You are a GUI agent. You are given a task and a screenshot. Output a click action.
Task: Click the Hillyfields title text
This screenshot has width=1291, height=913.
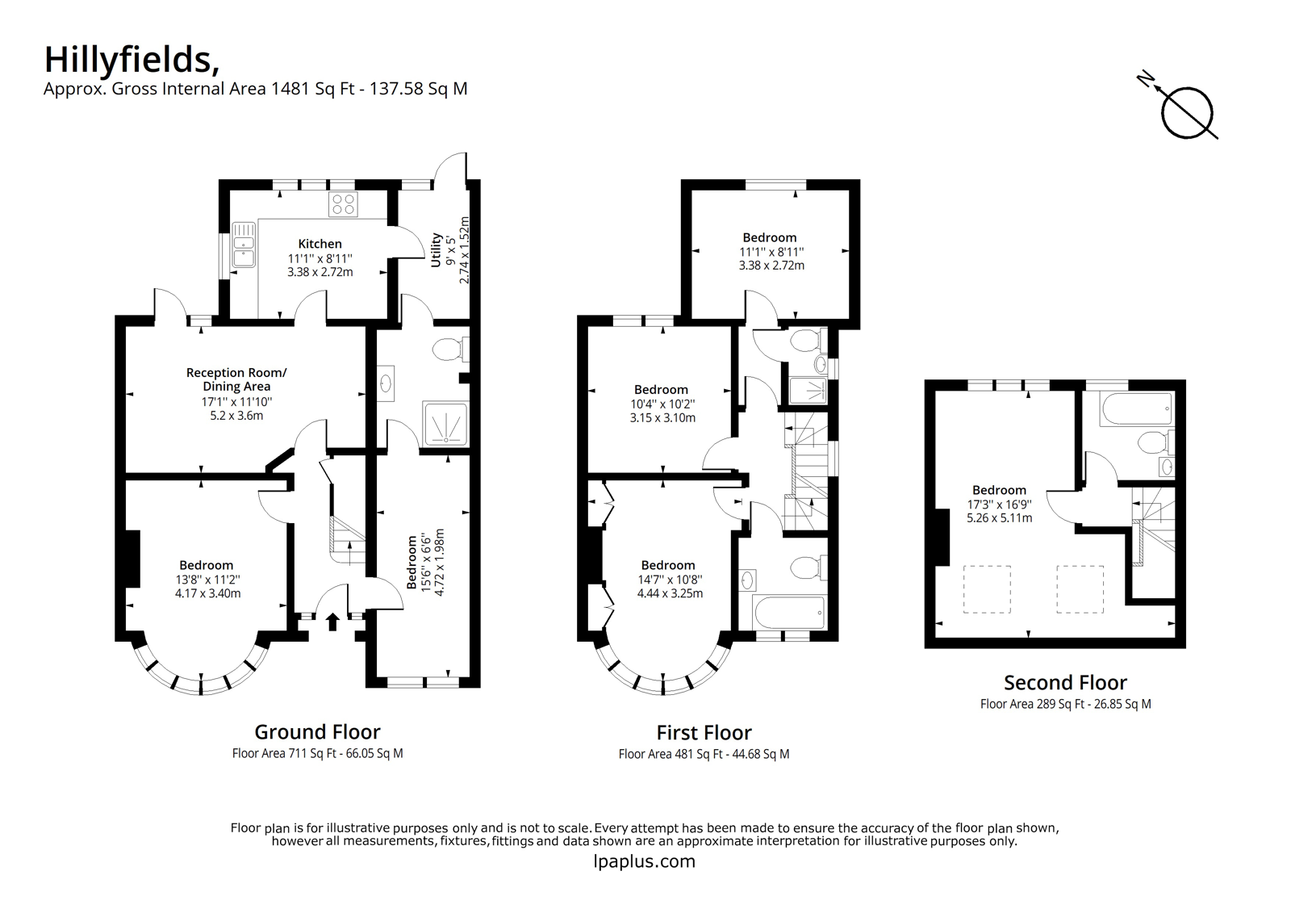[132, 61]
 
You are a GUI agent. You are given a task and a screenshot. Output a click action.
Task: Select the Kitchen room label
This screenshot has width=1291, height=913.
[320, 244]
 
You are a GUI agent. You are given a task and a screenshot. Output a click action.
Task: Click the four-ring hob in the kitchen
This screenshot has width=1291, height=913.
[344, 204]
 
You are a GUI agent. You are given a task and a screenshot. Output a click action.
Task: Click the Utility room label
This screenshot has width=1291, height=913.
[436, 249]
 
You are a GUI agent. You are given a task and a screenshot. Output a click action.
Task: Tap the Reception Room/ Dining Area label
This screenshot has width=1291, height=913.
[236, 379]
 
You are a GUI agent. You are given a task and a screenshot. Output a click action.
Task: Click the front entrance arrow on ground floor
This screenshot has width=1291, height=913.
[332, 622]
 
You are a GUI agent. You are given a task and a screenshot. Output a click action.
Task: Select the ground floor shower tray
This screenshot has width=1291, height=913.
[445, 424]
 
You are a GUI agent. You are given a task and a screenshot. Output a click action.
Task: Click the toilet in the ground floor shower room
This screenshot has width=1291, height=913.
[450, 350]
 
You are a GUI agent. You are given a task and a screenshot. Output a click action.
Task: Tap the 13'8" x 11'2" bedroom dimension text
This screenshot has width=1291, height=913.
[208, 579]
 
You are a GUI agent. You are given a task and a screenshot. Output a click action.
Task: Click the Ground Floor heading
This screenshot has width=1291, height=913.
[318, 732]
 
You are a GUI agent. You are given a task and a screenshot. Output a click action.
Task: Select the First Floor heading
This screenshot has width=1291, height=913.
[704, 732]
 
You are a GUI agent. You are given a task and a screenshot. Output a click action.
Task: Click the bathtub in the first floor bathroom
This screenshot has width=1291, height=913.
[789, 613]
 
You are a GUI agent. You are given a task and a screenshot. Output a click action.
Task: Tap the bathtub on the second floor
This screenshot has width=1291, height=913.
[1136, 409]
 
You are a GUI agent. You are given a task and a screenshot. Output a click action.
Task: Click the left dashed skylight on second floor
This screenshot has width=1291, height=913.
[988, 588]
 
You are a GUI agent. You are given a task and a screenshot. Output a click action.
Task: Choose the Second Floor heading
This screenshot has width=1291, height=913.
[1066, 683]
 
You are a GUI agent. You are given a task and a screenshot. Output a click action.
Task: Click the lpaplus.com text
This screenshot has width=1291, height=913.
[645, 861]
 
